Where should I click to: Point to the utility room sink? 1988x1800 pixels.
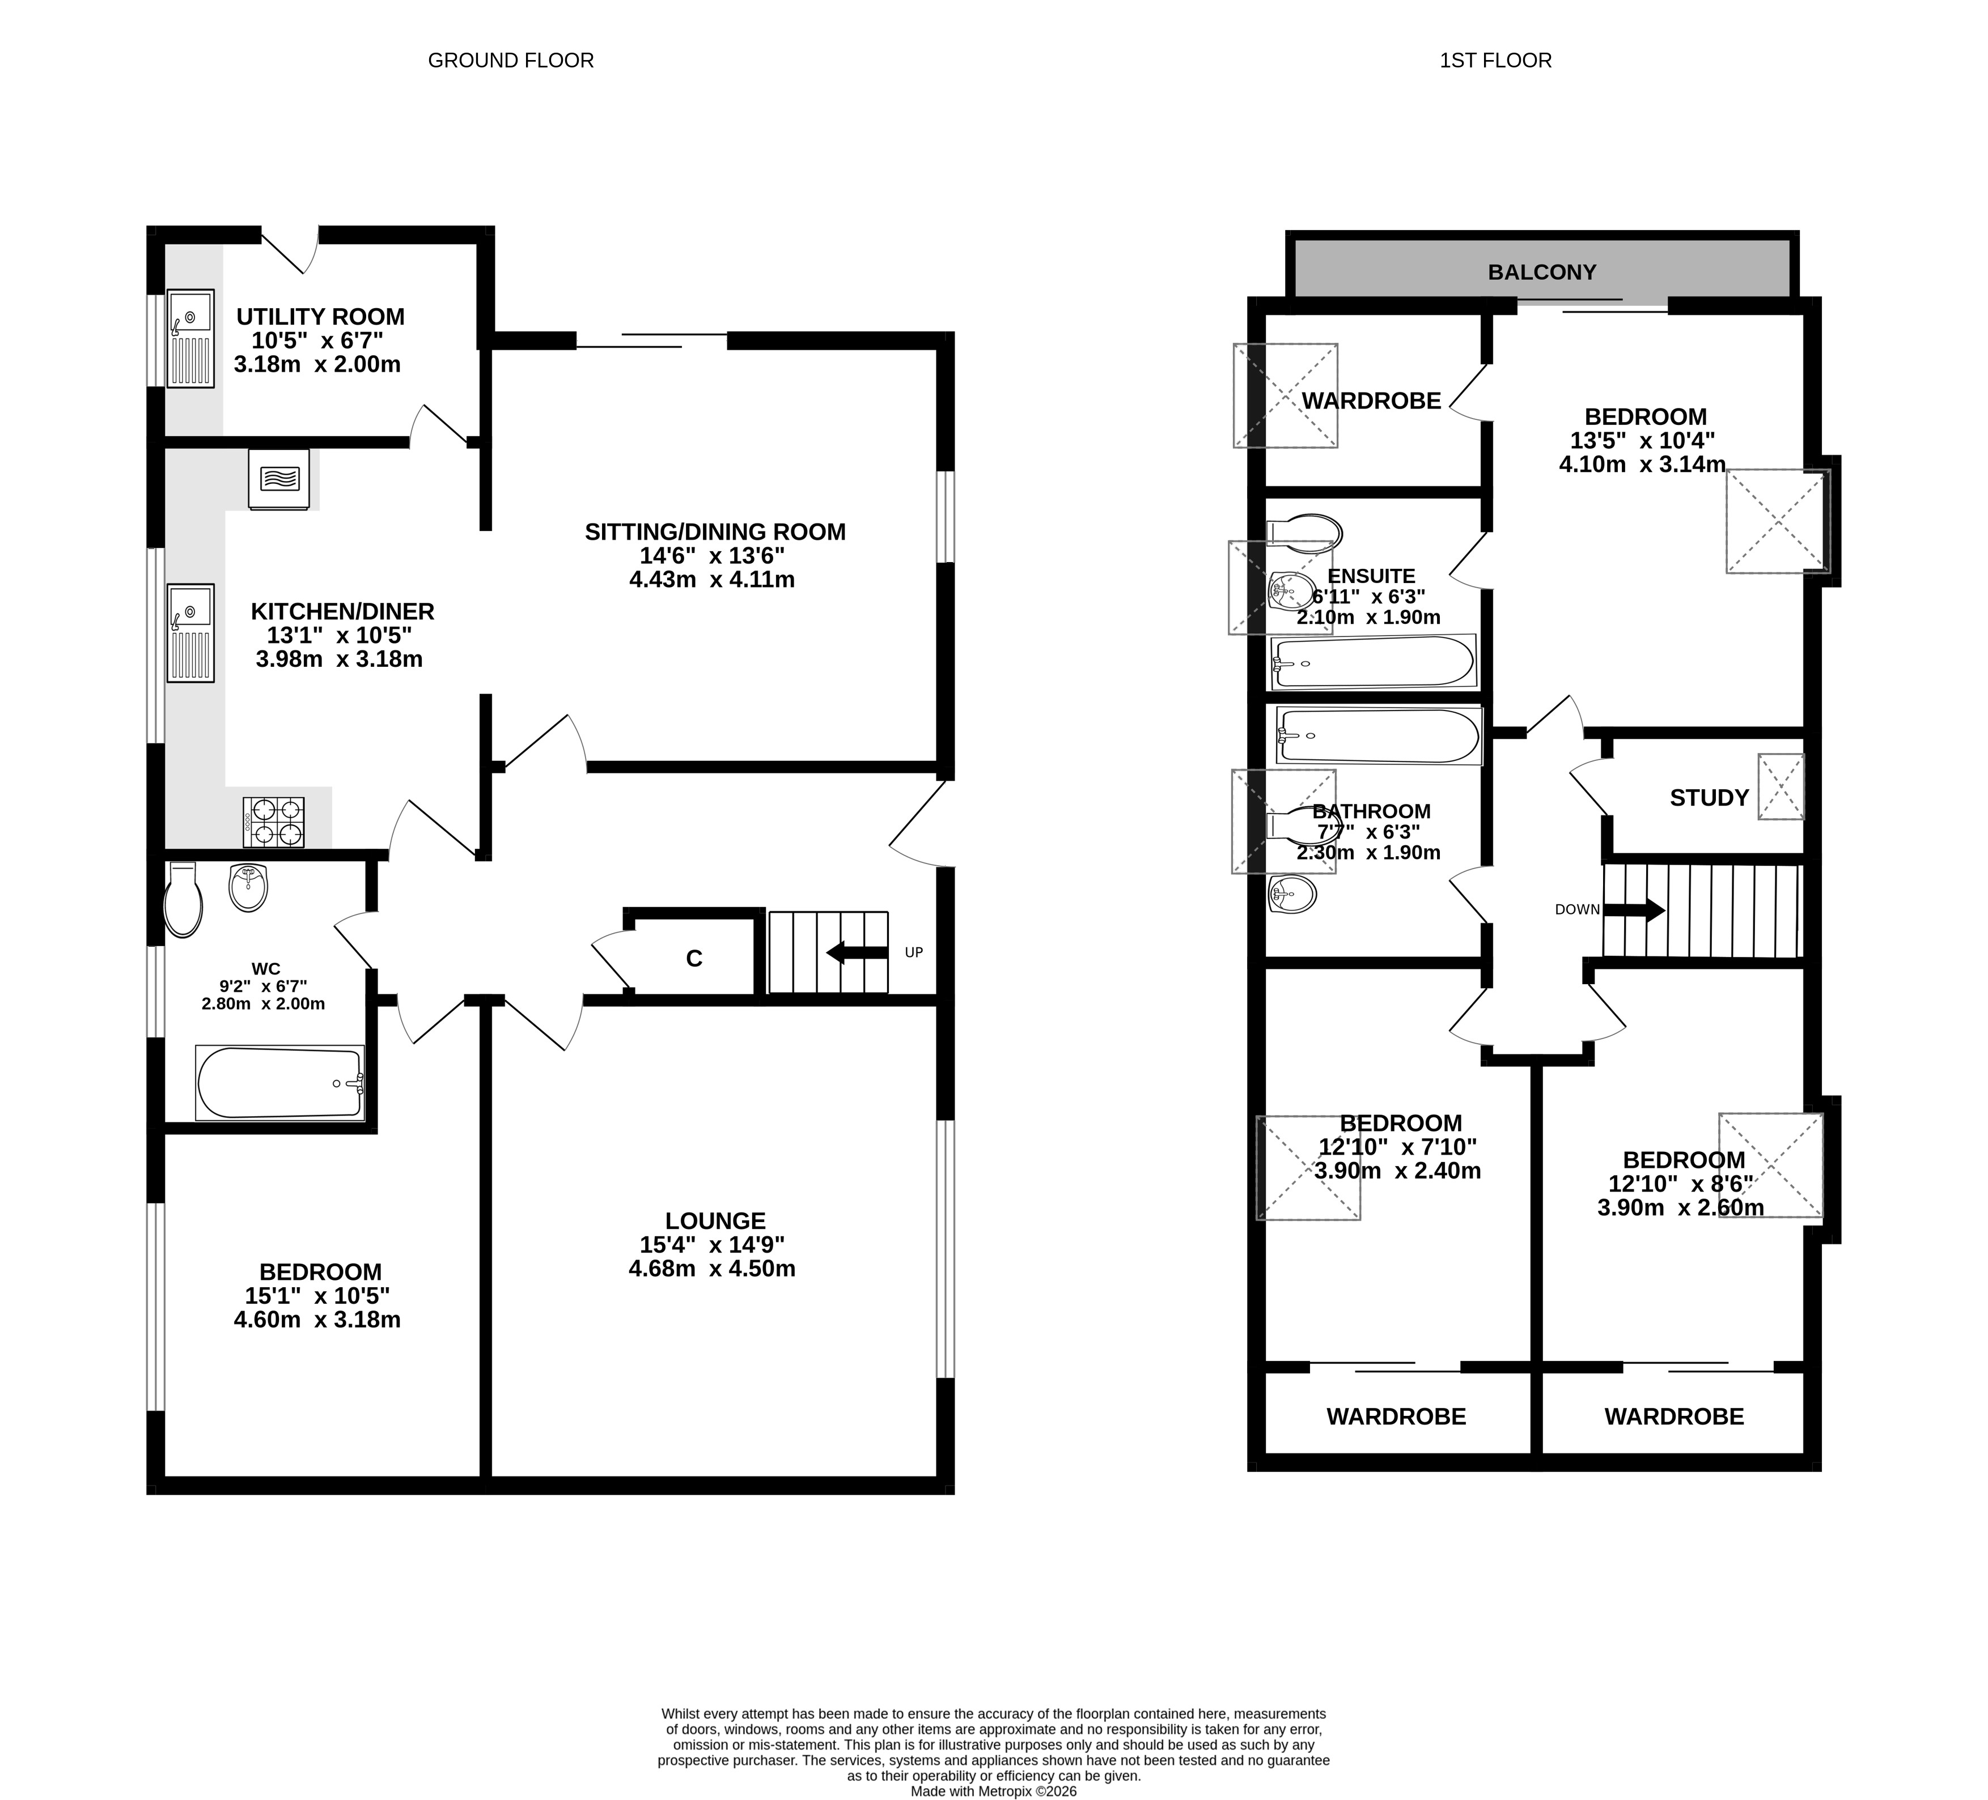[189, 338]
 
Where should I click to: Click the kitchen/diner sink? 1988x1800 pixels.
[189, 633]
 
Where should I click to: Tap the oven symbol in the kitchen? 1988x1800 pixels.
[279, 479]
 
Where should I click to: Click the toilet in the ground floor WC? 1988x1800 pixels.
[183, 899]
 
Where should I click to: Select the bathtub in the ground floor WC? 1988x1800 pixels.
[280, 1082]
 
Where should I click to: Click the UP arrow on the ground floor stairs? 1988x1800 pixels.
[858, 952]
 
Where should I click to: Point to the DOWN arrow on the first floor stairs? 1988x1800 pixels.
[1634, 910]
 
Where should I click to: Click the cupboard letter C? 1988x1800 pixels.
[694, 958]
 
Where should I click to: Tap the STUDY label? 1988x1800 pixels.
[1709, 798]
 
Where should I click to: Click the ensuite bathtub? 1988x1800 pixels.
[1373, 661]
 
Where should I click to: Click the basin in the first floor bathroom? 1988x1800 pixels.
[1292, 895]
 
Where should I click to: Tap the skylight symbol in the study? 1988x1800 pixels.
[1781, 786]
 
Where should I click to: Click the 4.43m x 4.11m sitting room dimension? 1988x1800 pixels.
[712, 580]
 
